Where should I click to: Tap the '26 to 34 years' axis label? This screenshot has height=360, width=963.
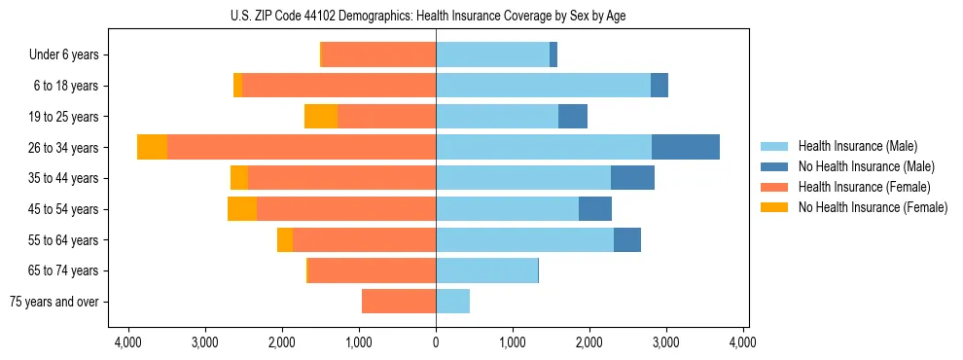(64, 148)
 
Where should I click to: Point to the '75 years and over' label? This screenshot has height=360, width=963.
(54, 302)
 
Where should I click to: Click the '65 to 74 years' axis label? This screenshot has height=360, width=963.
(64, 270)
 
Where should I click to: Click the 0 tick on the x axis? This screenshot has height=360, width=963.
(436, 342)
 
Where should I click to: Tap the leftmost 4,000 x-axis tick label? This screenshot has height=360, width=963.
(128, 342)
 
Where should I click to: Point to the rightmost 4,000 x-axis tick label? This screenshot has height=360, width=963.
(743, 342)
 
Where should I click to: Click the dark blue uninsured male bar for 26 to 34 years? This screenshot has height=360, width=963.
(686, 147)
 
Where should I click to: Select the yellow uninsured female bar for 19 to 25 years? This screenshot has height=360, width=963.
(321, 117)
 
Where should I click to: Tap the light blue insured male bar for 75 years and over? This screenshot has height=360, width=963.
(452, 302)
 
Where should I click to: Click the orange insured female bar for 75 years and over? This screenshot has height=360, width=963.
(399, 302)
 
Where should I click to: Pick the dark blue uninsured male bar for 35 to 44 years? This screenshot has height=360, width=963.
(632, 178)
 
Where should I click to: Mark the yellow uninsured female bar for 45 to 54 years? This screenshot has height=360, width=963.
(242, 209)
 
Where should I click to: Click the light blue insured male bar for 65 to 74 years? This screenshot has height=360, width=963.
(486, 270)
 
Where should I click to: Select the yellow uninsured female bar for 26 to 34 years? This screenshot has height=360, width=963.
(152, 147)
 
